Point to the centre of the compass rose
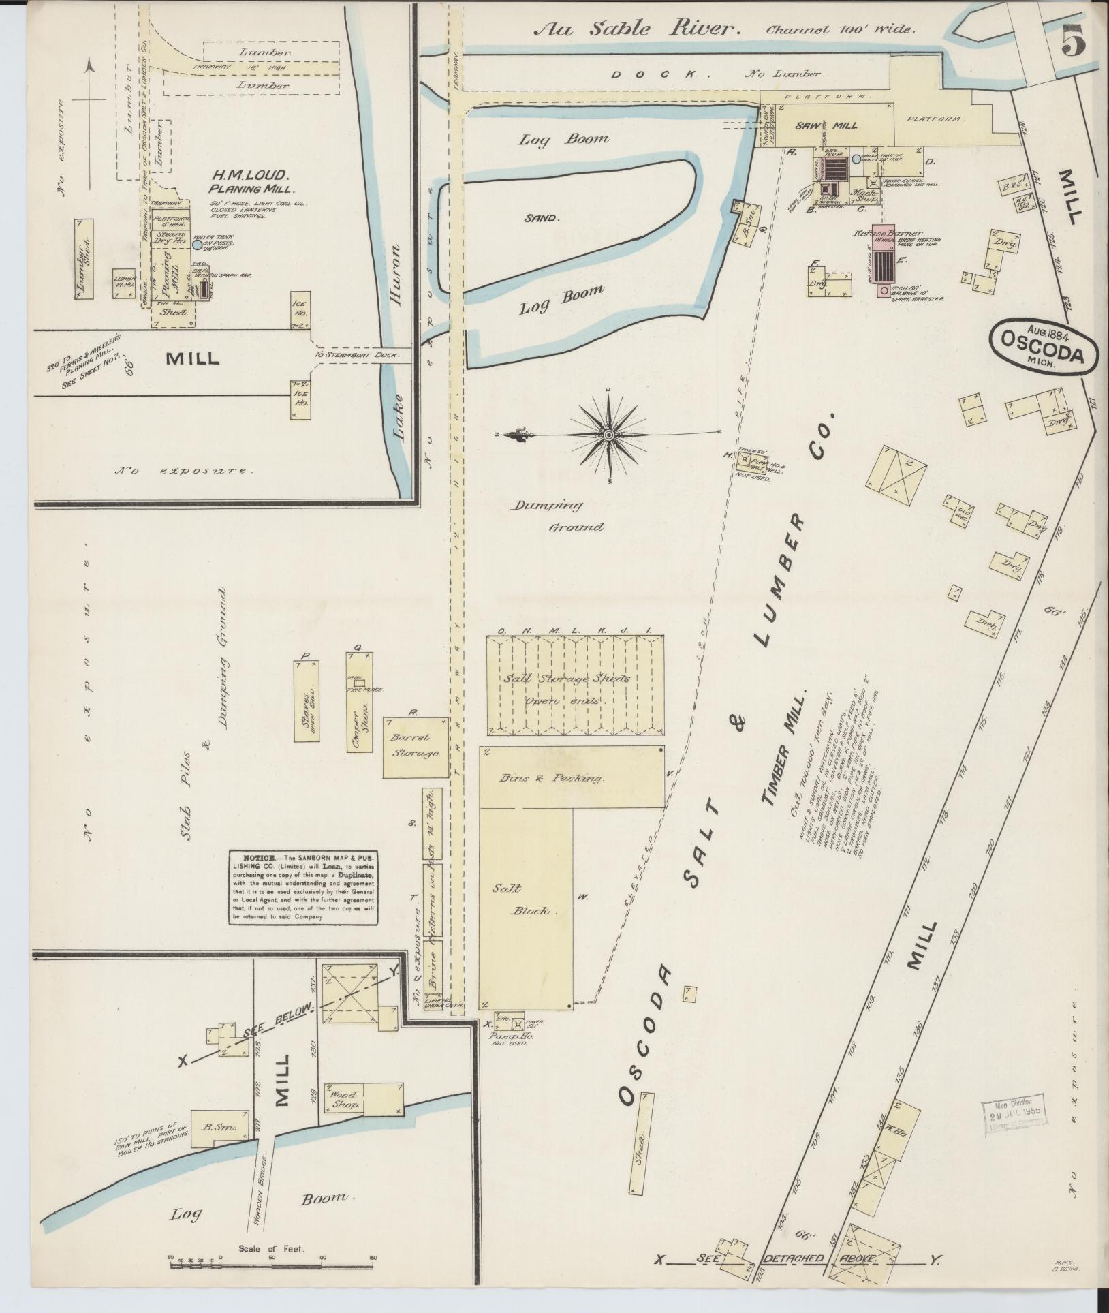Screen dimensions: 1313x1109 [x=608, y=434]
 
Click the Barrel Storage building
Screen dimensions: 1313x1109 [x=415, y=746]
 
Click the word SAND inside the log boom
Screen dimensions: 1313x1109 [x=541, y=219]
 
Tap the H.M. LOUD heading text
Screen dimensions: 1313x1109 [x=240, y=175]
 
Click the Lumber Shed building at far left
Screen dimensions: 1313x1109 [x=84, y=258]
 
